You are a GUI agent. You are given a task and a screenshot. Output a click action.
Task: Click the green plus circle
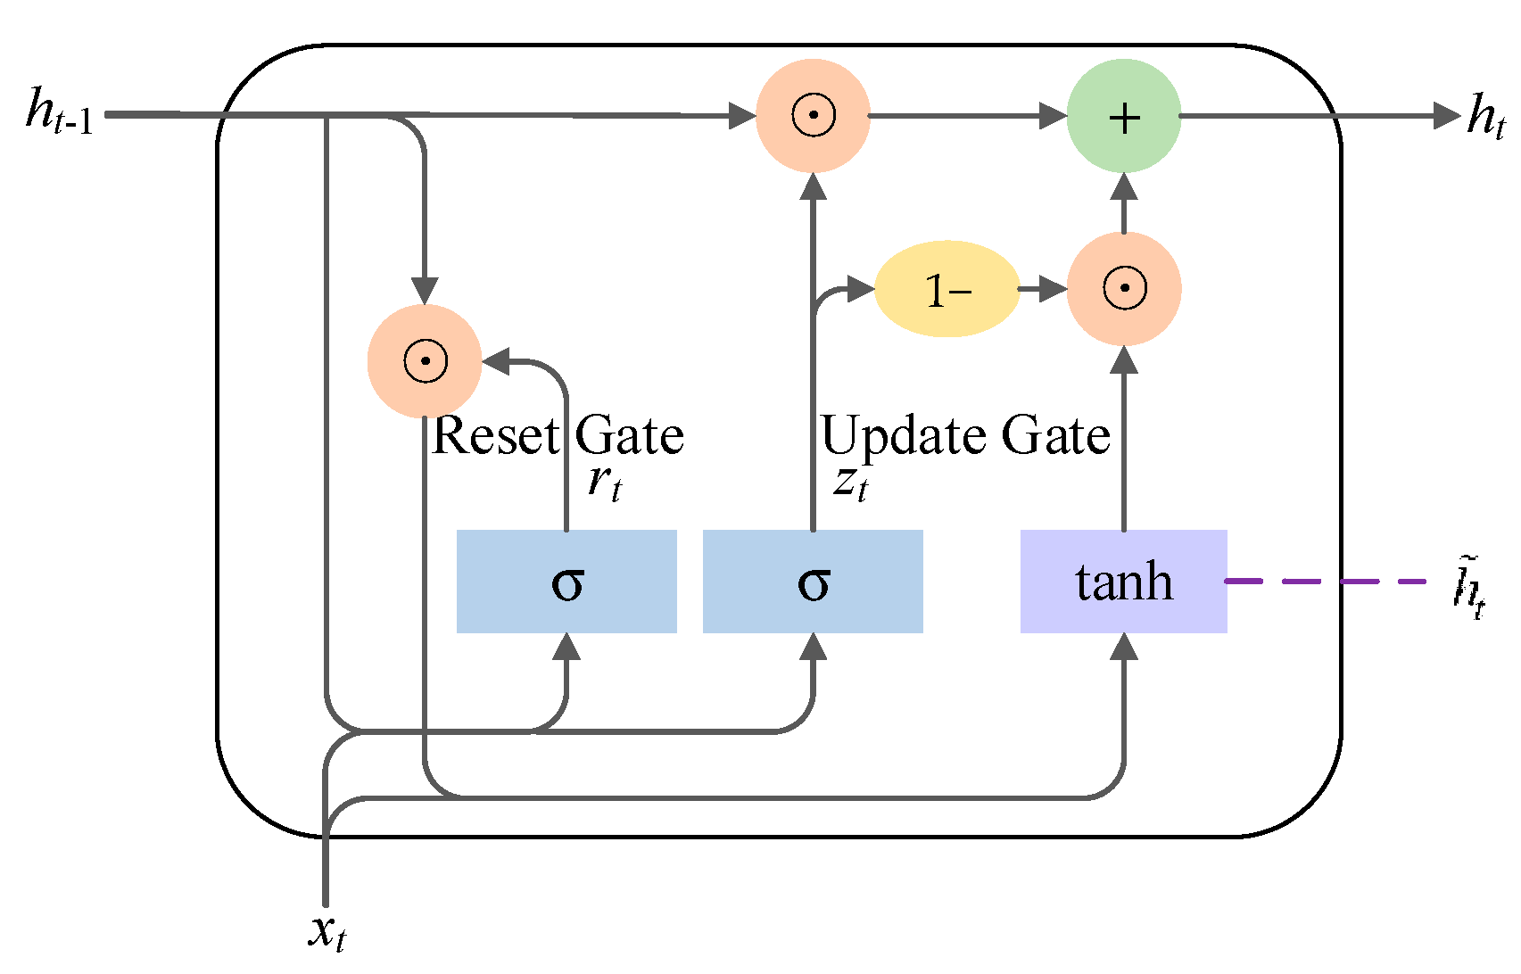pyautogui.click(x=1123, y=116)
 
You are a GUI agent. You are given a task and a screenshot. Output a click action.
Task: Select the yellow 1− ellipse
pyautogui.click(x=946, y=289)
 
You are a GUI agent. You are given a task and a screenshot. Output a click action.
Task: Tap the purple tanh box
pyautogui.click(x=1123, y=582)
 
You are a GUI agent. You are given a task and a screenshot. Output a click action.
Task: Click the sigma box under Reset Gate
pyautogui.click(x=566, y=582)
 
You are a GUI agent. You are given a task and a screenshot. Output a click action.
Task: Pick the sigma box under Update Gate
pyautogui.click(x=813, y=582)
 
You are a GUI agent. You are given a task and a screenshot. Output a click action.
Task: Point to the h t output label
pyautogui.click(x=1485, y=116)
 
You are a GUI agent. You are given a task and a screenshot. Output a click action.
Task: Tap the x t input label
pyautogui.click(x=327, y=932)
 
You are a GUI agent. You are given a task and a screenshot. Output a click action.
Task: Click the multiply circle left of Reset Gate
pyautogui.click(x=425, y=361)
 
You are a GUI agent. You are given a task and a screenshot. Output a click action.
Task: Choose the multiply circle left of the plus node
pyautogui.click(x=813, y=116)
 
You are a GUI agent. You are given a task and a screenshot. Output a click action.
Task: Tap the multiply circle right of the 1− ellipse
pyautogui.click(x=1124, y=289)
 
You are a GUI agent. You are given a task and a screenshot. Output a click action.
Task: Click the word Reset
pyautogui.click(x=495, y=436)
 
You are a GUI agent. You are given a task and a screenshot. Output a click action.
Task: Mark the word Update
pyautogui.click(x=904, y=436)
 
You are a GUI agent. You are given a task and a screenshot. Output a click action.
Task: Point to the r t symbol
pyautogui.click(x=604, y=483)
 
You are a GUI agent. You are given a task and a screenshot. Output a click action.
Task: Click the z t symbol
pyautogui.click(x=850, y=483)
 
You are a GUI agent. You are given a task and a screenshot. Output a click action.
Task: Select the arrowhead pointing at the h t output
pyautogui.click(x=1446, y=116)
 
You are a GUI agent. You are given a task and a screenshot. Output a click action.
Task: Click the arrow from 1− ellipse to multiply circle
pyautogui.click(x=1044, y=289)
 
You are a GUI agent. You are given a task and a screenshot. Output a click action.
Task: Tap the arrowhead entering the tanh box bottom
pyautogui.click(x=1124, y=647)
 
